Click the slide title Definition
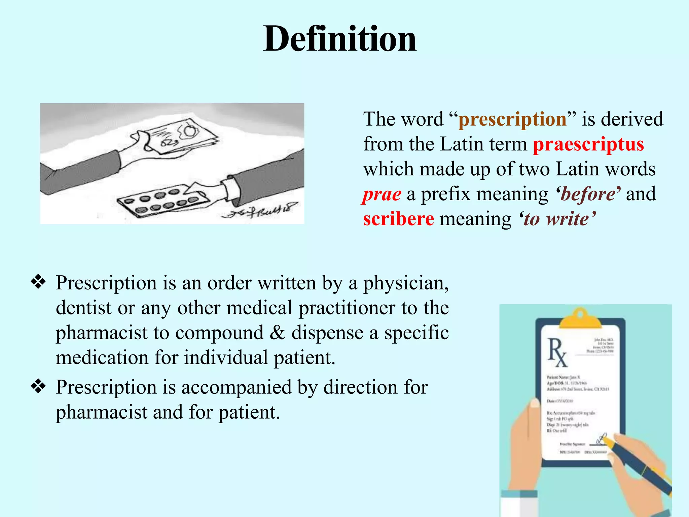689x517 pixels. pyautogui.click(x=340, y=39)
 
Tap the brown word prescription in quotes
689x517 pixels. pyautogui.click(x=512, y=119)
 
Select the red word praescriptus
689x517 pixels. pyautogui.click(x=588, y=144)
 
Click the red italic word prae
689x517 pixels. pyautogui.click(x=382, y=194)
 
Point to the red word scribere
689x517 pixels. pyautogui.click(x=399, y=219)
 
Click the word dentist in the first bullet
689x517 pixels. pyautogui.click(x=83, y=308)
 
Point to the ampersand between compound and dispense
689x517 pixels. pyautogui.click(x=278, y=333)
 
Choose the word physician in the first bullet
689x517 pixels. pyautogui.click(x=405, y=283)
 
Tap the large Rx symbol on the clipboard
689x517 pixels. pyautogui.click(x=557, y=352)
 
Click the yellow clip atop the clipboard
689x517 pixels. pyautogui.click(x=580, y=318)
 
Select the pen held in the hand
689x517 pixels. pyautogui.click(x=639, y=464)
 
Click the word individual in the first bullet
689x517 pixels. pyautogui.click(x=226, y=357)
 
